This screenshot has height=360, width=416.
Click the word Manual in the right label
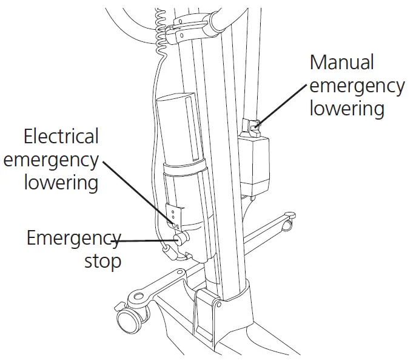[341, 63]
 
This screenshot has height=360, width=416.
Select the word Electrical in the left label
[61, 137]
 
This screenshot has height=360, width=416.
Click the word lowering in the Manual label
[347, 109]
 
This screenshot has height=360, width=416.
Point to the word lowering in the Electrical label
[61, 182]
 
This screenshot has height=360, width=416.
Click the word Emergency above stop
[73, 237]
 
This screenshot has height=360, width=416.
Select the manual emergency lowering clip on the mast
[253, 126]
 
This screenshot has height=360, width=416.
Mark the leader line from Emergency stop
[146, 241]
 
